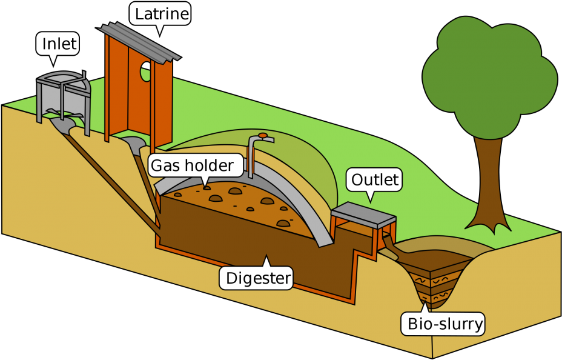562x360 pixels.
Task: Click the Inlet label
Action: pyautogui.click(x=59, y=44)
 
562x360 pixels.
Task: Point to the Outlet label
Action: pyautogui.click(x=375, y=179)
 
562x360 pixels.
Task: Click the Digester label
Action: pyautogui.click(x=259, y=278)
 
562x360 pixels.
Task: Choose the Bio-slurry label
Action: pyautogui.click(x=445, y=324)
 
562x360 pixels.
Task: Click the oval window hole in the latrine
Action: pyautogui.click(x=145, y=71)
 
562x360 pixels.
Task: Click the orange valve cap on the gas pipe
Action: pyautogui.click(x=262, y=135)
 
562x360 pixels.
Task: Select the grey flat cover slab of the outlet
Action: pyautogui.click(x=362, y=211)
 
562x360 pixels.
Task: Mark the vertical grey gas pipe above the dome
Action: pyautogui.click(x=251, y=158)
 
